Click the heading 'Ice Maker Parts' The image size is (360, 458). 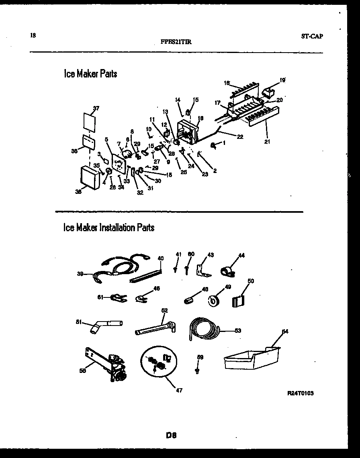pos(90,74)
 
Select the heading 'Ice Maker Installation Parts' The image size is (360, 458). pos(108,228)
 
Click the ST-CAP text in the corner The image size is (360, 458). pos(312,36)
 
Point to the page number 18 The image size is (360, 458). pos(33,35)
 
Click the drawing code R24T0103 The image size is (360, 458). pos(301,393)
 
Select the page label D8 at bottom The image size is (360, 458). pos(172,435)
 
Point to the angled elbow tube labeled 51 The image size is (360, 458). pos(105,324)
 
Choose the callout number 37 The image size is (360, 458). pos(96,108)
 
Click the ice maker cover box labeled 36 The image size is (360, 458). pos(90,177)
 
